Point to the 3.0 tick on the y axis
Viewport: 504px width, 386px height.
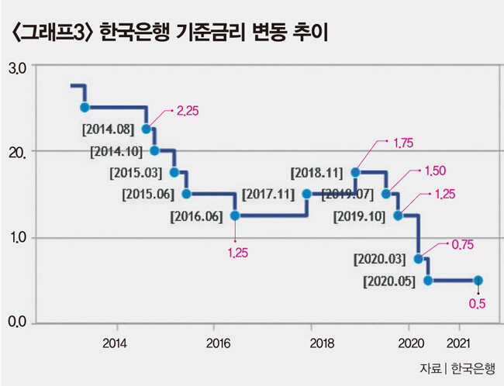[17, 69]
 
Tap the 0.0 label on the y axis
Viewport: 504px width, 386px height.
[17, 322]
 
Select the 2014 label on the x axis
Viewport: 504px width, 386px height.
[115, 343]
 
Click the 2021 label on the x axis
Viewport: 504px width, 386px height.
[458, 343]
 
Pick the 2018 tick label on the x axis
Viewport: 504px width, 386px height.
[322, 343]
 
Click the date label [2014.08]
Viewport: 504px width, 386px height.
[108, 129]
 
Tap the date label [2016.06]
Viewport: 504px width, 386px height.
[196, 216]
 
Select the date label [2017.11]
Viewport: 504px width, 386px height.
[268, 195]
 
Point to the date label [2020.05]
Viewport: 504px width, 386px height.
[389, 281]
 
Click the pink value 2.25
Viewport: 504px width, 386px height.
[188, 111]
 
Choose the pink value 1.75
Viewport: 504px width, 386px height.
[403, 143]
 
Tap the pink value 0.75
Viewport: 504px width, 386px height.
[463, 245]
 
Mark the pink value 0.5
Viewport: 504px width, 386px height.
[477, 304]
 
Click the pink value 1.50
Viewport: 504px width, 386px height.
[436, 171]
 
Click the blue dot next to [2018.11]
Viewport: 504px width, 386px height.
[355, 172]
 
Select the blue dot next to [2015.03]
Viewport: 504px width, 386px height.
[174, 172]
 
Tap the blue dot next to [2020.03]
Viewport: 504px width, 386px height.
[418, 259]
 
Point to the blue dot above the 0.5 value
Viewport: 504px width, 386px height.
[478, 281]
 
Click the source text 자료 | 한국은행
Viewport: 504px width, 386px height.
[457, 369]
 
